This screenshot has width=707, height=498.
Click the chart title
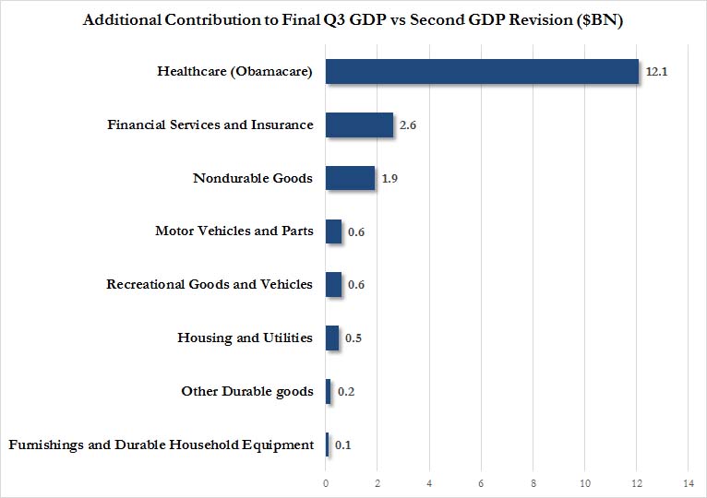tap(353, 20)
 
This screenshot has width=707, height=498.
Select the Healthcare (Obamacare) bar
tap(482, 71)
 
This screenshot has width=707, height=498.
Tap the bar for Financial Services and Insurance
tap(359, 125)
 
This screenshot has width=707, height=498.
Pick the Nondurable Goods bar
tap(350, 178)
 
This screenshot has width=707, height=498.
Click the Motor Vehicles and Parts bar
tap(333, 231)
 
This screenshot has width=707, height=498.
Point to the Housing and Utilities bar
tap(332, 338)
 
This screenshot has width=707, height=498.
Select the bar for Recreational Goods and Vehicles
tap(333, 284)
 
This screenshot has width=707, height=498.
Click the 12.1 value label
tap(656, 72)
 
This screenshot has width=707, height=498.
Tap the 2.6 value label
tap(408, 125)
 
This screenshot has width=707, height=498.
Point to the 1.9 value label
tap(389, 179)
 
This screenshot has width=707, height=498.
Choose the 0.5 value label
tap(353, 338)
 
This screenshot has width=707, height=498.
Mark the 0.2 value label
tap(346, 392)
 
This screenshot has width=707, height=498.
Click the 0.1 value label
tap(342, 445)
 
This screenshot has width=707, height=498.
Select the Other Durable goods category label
tap(247, 391)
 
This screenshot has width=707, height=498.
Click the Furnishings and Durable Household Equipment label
tap(161, 445)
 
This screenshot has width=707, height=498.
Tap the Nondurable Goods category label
tap(253, 178)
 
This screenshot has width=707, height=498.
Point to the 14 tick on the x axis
tap(688, 483)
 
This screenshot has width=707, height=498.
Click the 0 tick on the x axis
tap(326, 483)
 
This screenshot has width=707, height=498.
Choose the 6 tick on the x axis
tap(481, 483)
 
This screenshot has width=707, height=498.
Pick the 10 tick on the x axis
tap(585, 483)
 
